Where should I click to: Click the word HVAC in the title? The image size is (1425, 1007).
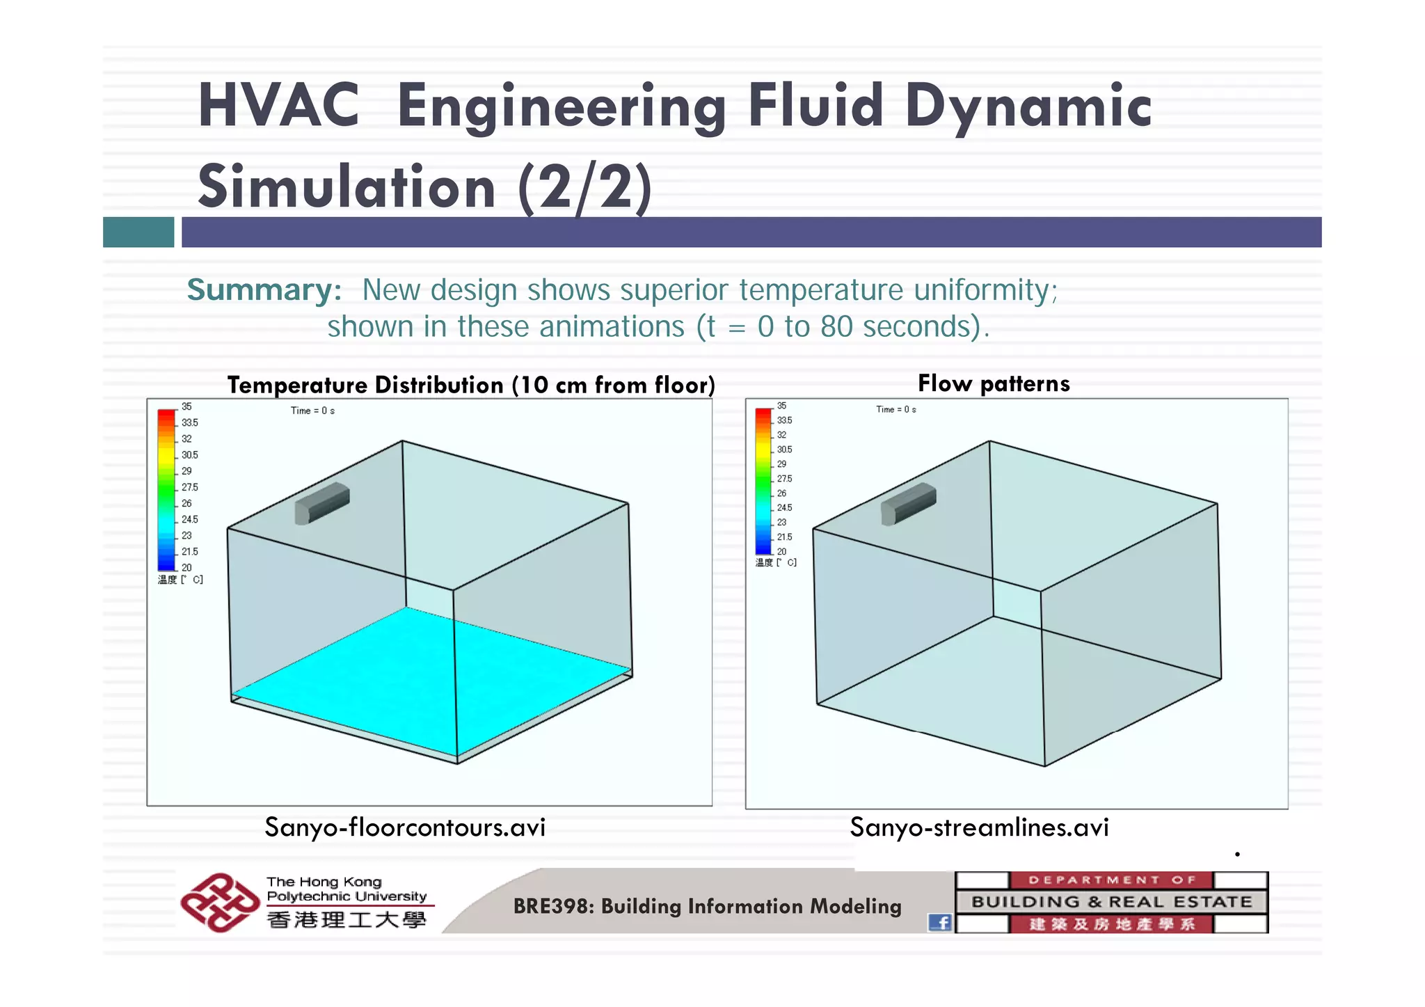(278, 106)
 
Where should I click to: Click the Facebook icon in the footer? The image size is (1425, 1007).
(940, 922)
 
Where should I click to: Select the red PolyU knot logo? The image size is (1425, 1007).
(218, 903)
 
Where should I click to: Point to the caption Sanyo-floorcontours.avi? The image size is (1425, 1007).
(405, 827)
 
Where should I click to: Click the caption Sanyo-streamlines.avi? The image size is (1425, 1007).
(979, 827)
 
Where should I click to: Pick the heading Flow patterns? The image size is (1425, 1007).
(994, 383)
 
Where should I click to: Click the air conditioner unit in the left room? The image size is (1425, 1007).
(321, 502)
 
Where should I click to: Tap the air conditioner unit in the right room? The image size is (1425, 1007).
(908, 503)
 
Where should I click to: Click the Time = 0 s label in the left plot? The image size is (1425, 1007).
(312, 411)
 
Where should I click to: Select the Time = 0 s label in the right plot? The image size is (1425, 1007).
(895, 409)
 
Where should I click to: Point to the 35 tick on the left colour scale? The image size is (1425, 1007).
(186, 406)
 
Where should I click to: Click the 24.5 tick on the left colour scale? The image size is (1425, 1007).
(189, 519)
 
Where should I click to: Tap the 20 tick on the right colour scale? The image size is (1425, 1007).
(781, 551)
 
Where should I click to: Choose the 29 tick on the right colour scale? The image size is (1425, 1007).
(781, 464)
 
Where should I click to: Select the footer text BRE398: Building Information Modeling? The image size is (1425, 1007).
(707, 906)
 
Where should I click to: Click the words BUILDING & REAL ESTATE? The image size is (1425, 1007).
(1111, 902)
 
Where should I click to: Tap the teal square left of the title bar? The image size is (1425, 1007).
(138, 232)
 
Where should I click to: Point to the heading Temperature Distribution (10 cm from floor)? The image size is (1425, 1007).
(471, 385)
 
